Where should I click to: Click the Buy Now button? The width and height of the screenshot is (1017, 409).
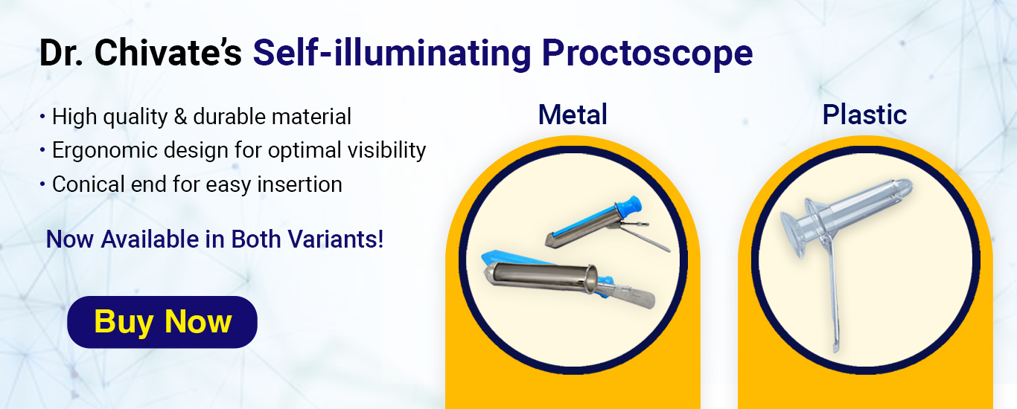162,322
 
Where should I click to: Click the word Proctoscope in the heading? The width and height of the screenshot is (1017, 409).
648,54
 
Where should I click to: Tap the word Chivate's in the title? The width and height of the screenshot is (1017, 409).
168,53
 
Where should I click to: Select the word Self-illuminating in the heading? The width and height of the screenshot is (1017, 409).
392,53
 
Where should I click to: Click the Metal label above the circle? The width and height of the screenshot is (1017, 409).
573,115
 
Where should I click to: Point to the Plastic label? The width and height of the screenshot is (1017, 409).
864,115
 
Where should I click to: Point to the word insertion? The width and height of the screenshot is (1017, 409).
299,184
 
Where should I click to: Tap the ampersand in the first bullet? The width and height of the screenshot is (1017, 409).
181,117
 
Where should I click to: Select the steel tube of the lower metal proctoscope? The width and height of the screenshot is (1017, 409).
541,276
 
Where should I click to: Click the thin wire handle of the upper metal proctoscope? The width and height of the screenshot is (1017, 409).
645,239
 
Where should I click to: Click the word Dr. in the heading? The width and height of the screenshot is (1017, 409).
61,53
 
